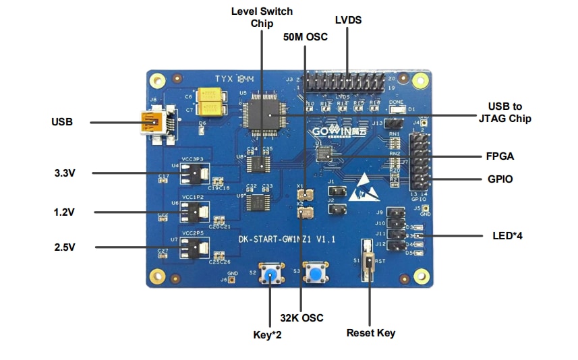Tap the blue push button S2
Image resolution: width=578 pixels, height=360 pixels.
[272, 274]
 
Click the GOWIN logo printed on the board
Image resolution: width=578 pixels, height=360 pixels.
[339, 131]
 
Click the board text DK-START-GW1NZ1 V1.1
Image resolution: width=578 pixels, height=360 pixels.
[287, 239]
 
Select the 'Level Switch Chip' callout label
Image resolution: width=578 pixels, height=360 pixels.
[262, 18]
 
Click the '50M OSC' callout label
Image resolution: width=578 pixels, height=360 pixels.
[305, 37]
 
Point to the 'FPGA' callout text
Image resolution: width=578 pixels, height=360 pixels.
[500, 156]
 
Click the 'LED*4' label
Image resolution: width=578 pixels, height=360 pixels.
[508, 236]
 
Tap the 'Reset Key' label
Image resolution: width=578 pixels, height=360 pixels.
[370, 332]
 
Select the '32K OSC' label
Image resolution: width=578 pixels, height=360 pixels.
[301, 318]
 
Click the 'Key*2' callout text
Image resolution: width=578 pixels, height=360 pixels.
[267, 334]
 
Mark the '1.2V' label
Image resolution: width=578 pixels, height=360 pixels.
[65, 212]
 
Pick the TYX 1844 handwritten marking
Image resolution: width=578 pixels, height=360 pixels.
[234, 79]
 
